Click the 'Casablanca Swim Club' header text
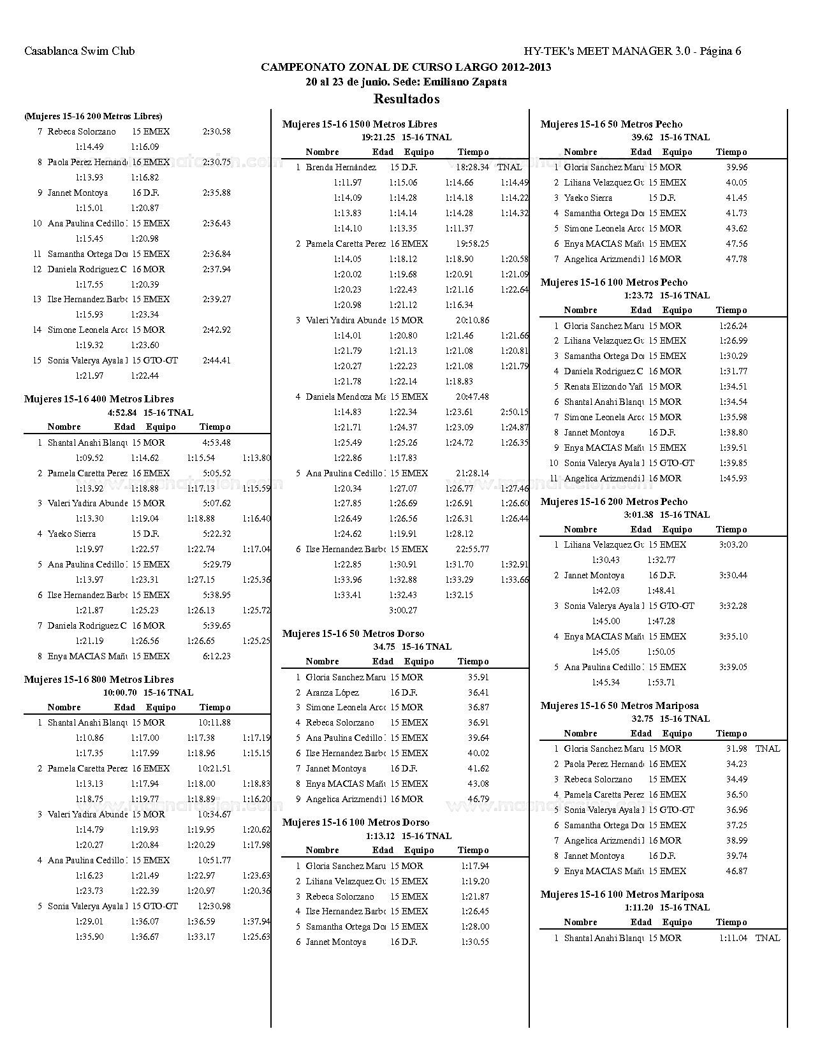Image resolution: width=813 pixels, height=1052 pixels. pyautogui.click(x=79, y=51)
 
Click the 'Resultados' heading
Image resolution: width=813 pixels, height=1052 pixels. pyautogui.click(x=406, y=99)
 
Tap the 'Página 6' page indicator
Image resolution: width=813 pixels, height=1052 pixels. pyautogui.click(x=721, y=51)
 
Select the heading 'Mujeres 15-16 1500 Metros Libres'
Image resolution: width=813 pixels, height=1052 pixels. pyautogui.click(x=360, y=124)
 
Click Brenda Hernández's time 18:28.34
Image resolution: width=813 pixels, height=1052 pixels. pyautogui.click(x=472, y=167)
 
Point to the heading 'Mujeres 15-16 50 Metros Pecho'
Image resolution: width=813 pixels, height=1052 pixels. pyautogui.click(x=612, y=124)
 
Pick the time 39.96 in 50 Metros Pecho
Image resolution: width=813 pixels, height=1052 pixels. pyautogui.click(x=736, y=167)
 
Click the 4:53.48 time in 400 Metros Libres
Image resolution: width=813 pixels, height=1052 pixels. pyautogui.click(x=216, y=442)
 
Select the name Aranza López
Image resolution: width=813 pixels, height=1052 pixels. pyautogui.click(x=332, y=692)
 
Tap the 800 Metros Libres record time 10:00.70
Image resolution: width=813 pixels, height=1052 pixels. pyautogui.click(x=120, y=692)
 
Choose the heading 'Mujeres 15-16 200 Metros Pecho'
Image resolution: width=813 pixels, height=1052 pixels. pyautogui.click(x=614, y=502)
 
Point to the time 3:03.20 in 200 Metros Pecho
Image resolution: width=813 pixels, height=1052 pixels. pyautogui.click(x=733, y=544)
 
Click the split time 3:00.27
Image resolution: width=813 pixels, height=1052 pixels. pyautogui.click(x=403, y=610)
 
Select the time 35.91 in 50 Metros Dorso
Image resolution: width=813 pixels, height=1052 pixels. pyautogui.click(x=478, y=677)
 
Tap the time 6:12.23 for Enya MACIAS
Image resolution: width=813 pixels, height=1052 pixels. pyautogui.click(x=216, y=656)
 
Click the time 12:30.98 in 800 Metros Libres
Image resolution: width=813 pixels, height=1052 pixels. pyautogui.click(x=214, y=906)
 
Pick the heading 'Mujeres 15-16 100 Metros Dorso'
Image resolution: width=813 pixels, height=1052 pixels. pyautogui.click(x=356, y=822)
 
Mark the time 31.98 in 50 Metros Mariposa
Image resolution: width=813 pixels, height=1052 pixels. pyautogui.click(x=736, y=749)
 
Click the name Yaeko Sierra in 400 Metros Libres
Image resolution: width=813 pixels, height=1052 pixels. pyautogui.click(x=71, y=534)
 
